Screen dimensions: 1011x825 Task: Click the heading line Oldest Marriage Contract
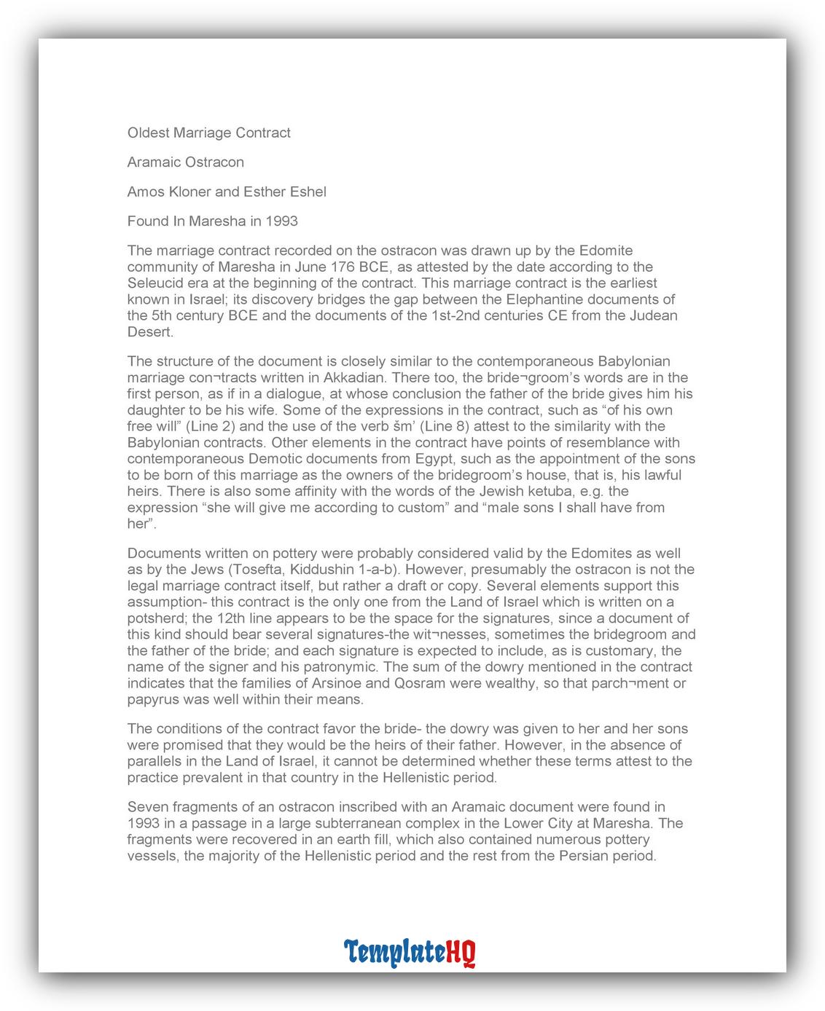(x=208, y=133)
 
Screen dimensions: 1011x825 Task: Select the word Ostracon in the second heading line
(x=216, y=162)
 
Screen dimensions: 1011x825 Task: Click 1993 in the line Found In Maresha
(x=281, y=221)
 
